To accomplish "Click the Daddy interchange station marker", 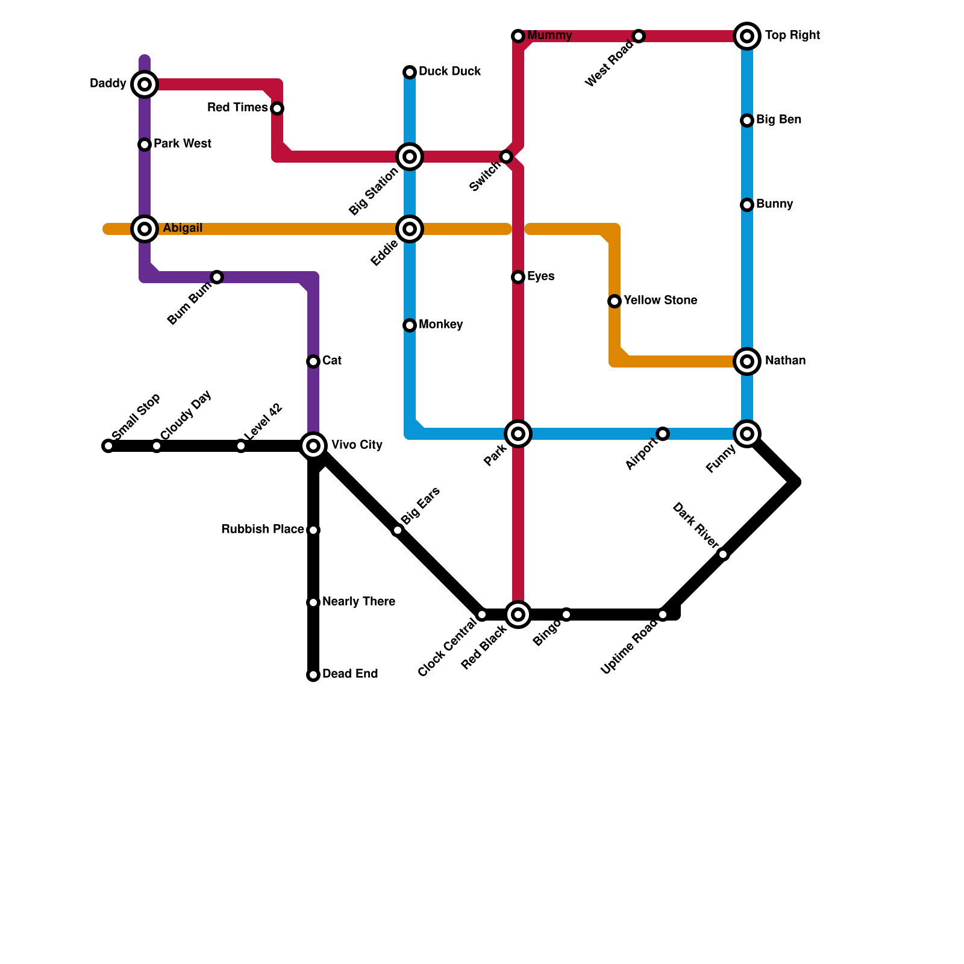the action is pyautogui.click(x=145, y=84).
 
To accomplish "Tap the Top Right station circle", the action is pyautogui.click(x=747, y=36).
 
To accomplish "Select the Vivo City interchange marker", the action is pyautogui.click(x=313, y=446).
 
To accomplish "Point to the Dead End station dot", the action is pyautogui.click(x=313, y=675).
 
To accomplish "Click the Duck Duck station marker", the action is pyautogui.click(x=410, y=72).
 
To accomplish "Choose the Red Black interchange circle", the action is pyautogui.click(x=518, y=615).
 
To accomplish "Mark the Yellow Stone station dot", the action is pyautogui.click(x=615, y=301).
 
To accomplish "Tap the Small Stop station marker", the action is pyautogui.click(x=108, y=446).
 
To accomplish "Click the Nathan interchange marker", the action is pyautogui.click(x=747, y=361).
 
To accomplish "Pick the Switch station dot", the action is pyautogui.click(x=506, y=157).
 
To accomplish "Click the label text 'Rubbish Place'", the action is pyautogui.click(x=262, y=530).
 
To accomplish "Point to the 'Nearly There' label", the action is pyautogui.click(x=358, y=602).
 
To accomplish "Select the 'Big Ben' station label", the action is pyautogui.click(x=778, y=120).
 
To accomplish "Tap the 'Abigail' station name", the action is pyautogui.click(x=183, y=228).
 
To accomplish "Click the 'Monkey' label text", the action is pyautogui.click(x=440, y=325).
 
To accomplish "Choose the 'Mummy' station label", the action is pyautogui.click(x=549, y=36).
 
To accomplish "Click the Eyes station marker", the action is pyautogui.click(x=518, y=277).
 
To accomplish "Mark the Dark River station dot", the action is pyautogui.click(x=723, y=554).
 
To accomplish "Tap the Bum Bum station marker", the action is pyautogui.click(x=217, y=277).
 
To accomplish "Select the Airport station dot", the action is pyautogui.click(x=663, y=434).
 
